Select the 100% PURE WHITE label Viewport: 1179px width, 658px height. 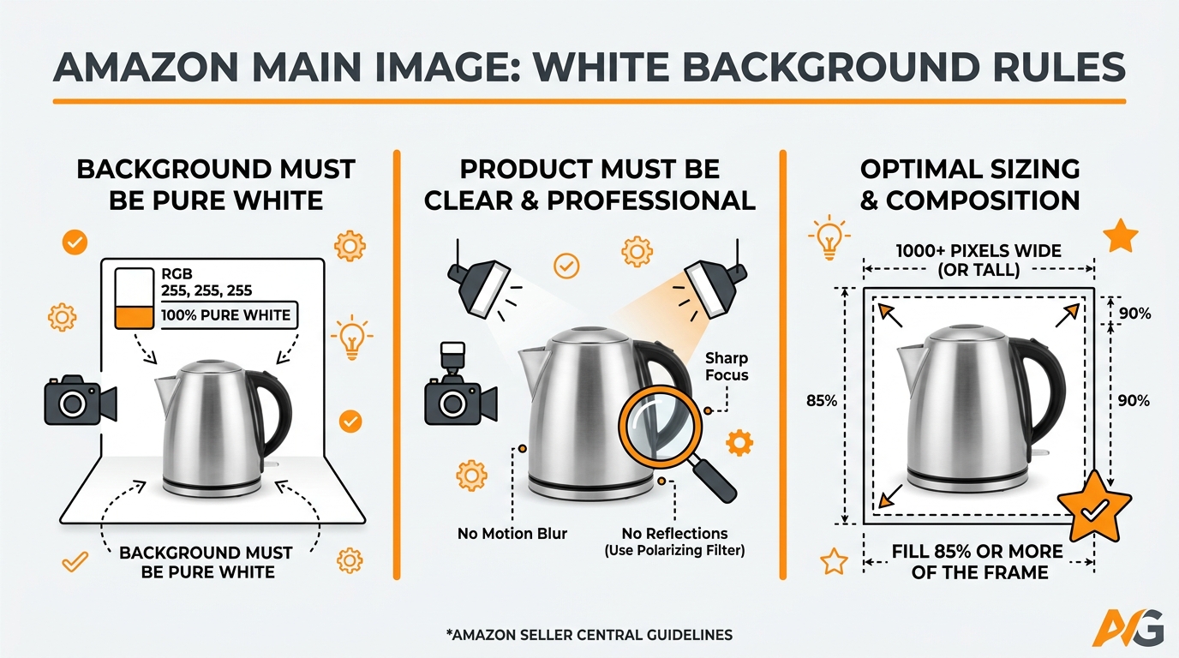(x=227, y=314)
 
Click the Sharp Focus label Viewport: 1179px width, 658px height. (x=727, y=367)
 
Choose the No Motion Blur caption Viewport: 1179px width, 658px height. (x=512, y=534)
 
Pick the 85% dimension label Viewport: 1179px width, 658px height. (x=822, y=400)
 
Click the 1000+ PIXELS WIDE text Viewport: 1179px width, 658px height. (x=979, y=251)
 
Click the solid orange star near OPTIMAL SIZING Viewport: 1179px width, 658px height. (x=1122, y=236)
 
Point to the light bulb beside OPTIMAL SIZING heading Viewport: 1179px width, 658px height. (x=829, y=240)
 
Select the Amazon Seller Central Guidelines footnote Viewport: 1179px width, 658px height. (x=589, y=635)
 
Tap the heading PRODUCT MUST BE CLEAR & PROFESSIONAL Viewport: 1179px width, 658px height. (x=589, y=184)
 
